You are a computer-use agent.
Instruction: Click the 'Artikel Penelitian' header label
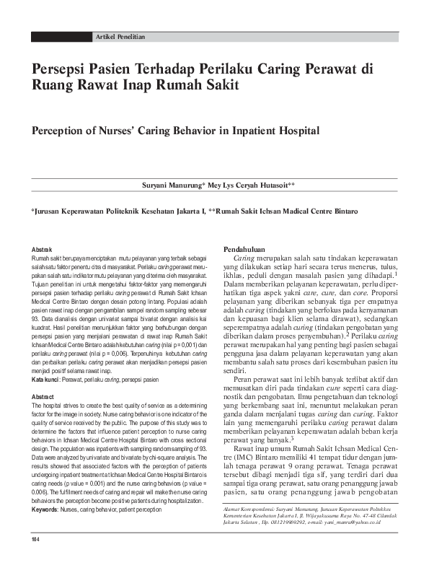pos(120,36)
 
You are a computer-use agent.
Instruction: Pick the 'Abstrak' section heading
pos(43,249)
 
